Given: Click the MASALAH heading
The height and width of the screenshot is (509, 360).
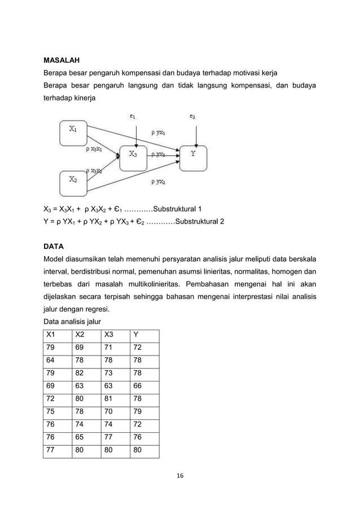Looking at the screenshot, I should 62,59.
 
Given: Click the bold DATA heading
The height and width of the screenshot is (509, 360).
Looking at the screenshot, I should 54,247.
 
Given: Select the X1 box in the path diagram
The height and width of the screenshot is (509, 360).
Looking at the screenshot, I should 74,131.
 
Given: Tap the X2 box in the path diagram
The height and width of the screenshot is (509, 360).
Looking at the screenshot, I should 74,182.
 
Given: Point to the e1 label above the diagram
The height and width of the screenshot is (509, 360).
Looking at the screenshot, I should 132,117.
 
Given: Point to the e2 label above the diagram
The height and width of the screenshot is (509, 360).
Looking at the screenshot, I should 192,117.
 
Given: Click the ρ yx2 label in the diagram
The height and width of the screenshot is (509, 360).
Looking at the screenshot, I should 158,182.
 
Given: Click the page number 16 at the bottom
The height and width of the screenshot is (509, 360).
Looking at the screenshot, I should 180,475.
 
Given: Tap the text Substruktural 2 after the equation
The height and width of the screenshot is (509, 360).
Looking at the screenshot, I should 200,222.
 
